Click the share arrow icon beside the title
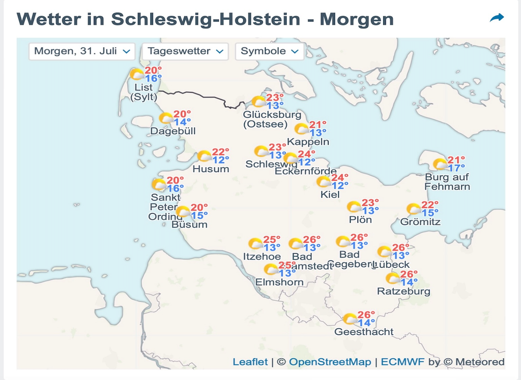(x=496, y=18)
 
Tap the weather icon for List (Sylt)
(x=137, y=75)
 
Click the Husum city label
(x=211, y=169)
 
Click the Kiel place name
(x=331, y=195)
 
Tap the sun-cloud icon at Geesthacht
(x=350, y=319)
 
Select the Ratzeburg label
(x=403, y=292)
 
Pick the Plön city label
(x=360, y=220)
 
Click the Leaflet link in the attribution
(x=250, y=362)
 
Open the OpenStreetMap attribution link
(x=330, y=362)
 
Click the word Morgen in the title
(x=357, y=19)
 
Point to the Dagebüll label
(x=173, y=132)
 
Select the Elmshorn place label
(x=279, y=282)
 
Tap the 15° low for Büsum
(x=199, y=215)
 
